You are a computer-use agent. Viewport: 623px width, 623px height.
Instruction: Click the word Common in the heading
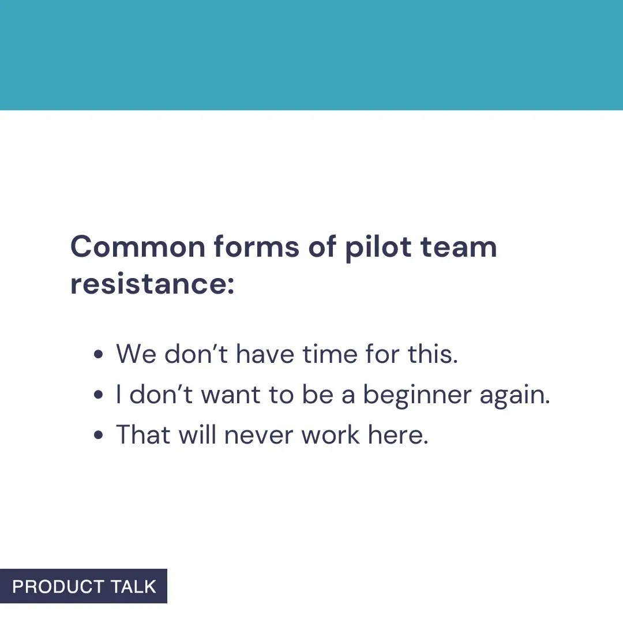pyautogui.click(x=138, y=247)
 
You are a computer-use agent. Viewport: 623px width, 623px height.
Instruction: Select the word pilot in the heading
pyautogui.click(x=378, y=247)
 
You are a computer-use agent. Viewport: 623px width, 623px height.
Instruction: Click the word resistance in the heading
pyautogui.click(x=152, y=284)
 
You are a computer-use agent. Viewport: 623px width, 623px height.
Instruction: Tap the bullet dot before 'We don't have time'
pyautogui.click(x=98, y=354)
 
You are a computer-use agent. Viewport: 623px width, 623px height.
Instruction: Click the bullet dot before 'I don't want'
pyautogui.click(x=98, y=395)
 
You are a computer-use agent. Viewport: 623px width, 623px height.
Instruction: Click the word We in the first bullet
pyautogui.click(x=136, y=354)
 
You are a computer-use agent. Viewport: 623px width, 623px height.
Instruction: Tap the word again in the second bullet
pyautogui.click(x=515, y=395)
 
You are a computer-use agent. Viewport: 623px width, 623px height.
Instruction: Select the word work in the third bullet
pyautogui.click(x=331, y=435)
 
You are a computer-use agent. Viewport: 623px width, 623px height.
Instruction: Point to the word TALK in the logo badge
pyautogui.click(x=134, y=587)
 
